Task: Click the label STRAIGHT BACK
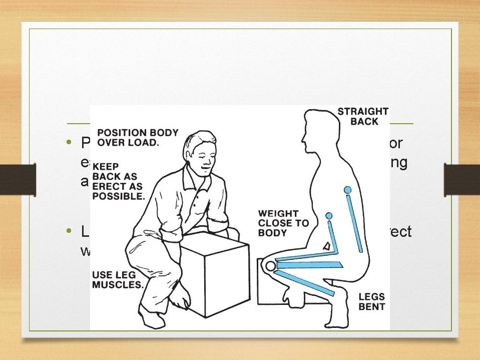tap(363, 116)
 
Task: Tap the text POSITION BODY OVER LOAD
tap(137, 137)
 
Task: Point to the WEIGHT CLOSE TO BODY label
tap(283, 223)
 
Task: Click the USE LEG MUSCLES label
tap(118, 280)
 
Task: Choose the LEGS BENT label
tap(372, 301)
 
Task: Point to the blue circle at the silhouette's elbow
tap(329, 216)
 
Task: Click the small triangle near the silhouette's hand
tap(326, 246)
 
